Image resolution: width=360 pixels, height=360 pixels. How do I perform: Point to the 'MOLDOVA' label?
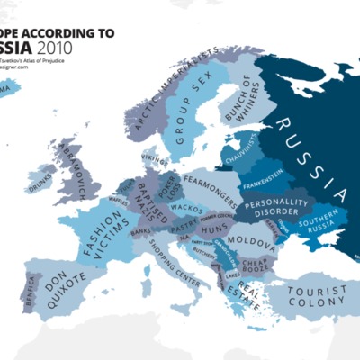click(x=246, y=243)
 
